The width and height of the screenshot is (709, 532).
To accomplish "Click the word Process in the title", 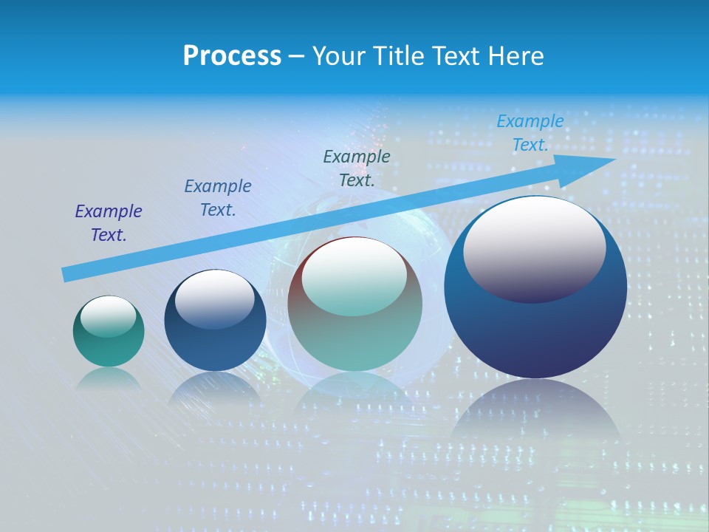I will pyautogui.click(x=232, y=56).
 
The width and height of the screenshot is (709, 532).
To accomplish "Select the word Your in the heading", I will pyautogui.click(x=339, y=56).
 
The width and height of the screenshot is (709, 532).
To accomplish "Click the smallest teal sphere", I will pyautogui.click(x=109, y=347).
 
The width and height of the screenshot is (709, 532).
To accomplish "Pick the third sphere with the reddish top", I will pyautogui.click(x=355, y=340).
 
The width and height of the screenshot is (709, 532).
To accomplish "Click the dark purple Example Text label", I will pyautogui.click(x=109, y=223).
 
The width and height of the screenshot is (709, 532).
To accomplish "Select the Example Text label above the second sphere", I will pyautogui.click(x=218, y=198).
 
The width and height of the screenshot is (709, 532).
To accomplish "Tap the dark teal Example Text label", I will pyautogui.click(x=357, y=168).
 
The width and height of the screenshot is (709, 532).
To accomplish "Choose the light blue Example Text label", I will pyautogui.click(x=530, y=133).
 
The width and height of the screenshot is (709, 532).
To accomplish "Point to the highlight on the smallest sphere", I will pyautogui.click(x=108, y=316).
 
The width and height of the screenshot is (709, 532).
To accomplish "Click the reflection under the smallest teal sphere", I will pyautogui.click(x=109, y=378).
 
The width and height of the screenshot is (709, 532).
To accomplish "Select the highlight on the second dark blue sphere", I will pyautogui.click(x=214, y=299).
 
